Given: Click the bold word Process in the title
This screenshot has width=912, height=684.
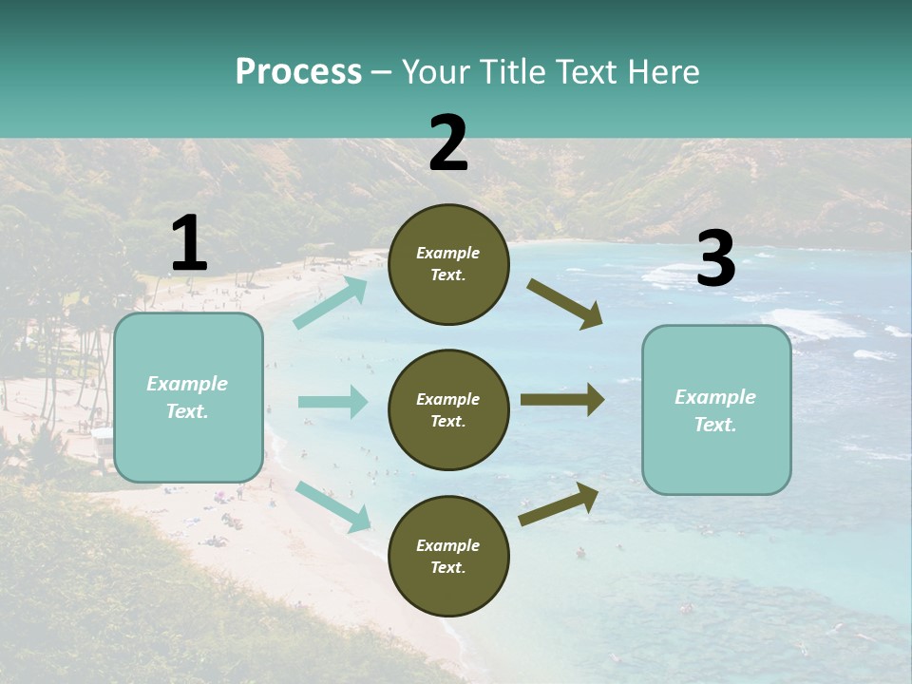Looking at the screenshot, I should [x=298, y=71].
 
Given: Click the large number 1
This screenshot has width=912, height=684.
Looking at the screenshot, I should [x=189, y=245].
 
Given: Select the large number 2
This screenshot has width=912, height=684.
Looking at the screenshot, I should [x=448, y=143].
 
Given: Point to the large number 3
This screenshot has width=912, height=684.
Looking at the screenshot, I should [x=715, y=259].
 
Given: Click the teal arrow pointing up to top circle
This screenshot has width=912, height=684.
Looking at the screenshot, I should [x=331, y=303].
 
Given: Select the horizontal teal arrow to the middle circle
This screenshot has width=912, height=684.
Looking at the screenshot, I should [x=332, y=402].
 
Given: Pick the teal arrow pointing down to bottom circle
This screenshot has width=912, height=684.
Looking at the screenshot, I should [x=332, y=504].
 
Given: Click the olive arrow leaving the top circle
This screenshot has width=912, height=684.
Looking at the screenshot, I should [x=565, y=304].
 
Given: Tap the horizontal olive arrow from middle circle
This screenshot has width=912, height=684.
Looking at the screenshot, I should [x=562, y=399].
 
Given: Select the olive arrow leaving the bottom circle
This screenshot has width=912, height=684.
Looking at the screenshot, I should [x=559, y=503].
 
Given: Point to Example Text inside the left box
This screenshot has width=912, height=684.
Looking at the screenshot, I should [x=187, y=397].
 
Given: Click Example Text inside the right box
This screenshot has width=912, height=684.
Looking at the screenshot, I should [x=715, y=410].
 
